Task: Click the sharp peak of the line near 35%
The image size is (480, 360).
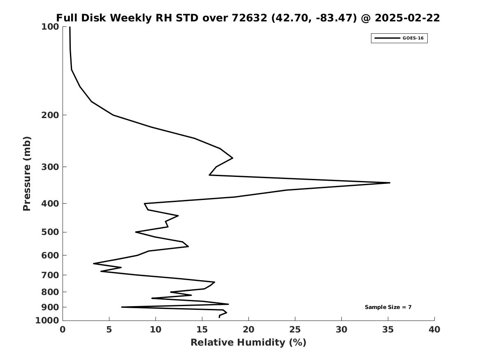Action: [x=389, y=183]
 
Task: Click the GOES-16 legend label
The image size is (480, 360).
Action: [x=413, y=38]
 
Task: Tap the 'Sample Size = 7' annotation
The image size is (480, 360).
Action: [x=388, y=307]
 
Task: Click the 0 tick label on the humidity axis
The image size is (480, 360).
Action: [x=63, y=330]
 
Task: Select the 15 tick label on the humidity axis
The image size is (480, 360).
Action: [x=202, y=330]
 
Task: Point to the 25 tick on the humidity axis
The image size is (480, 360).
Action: [x=295, y=330]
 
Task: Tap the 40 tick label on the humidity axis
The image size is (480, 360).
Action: [x=434, y=330]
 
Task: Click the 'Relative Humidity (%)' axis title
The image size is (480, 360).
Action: [x=248, y=343]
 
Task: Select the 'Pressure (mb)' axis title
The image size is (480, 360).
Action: [x=27, y=174]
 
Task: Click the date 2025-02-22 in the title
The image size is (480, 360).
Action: [x=407, y=18]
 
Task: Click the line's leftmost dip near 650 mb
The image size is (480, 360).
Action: [x=94, y=263]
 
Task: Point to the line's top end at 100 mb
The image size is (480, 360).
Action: [x=70, y=27]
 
